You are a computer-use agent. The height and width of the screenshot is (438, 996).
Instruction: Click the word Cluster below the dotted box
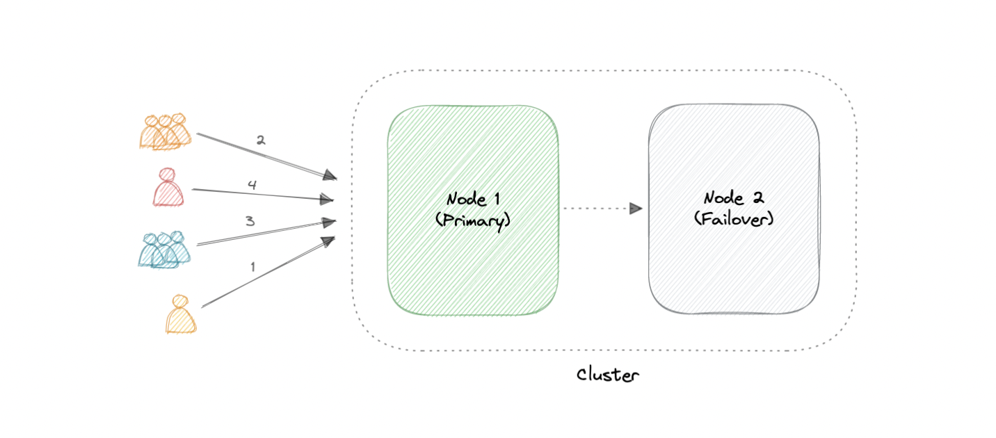tap(607, 375)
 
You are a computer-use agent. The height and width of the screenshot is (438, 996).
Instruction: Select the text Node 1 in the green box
tap(473, 199)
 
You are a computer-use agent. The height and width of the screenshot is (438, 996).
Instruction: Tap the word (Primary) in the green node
tap(473, 220)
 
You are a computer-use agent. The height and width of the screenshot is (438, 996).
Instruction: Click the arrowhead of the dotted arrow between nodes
tap(636, 208)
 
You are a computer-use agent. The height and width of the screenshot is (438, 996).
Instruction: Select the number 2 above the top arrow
tap(260, 140)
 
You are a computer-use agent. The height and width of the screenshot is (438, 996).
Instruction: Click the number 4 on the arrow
tap(252, 185)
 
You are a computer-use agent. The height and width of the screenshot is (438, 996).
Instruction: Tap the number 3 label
tap(249, 221)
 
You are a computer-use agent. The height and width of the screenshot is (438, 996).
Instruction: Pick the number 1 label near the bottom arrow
tap(252, 266)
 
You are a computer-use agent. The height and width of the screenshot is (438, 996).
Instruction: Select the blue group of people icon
tap(164, 250)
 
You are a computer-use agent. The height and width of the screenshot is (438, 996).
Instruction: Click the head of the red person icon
tap(167, 175)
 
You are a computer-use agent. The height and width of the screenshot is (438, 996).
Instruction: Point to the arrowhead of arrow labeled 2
tap(331, 176)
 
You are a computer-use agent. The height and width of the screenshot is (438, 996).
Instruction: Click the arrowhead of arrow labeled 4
tap(327, 200)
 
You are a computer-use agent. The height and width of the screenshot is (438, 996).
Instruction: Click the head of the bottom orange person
tap(180, 301)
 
